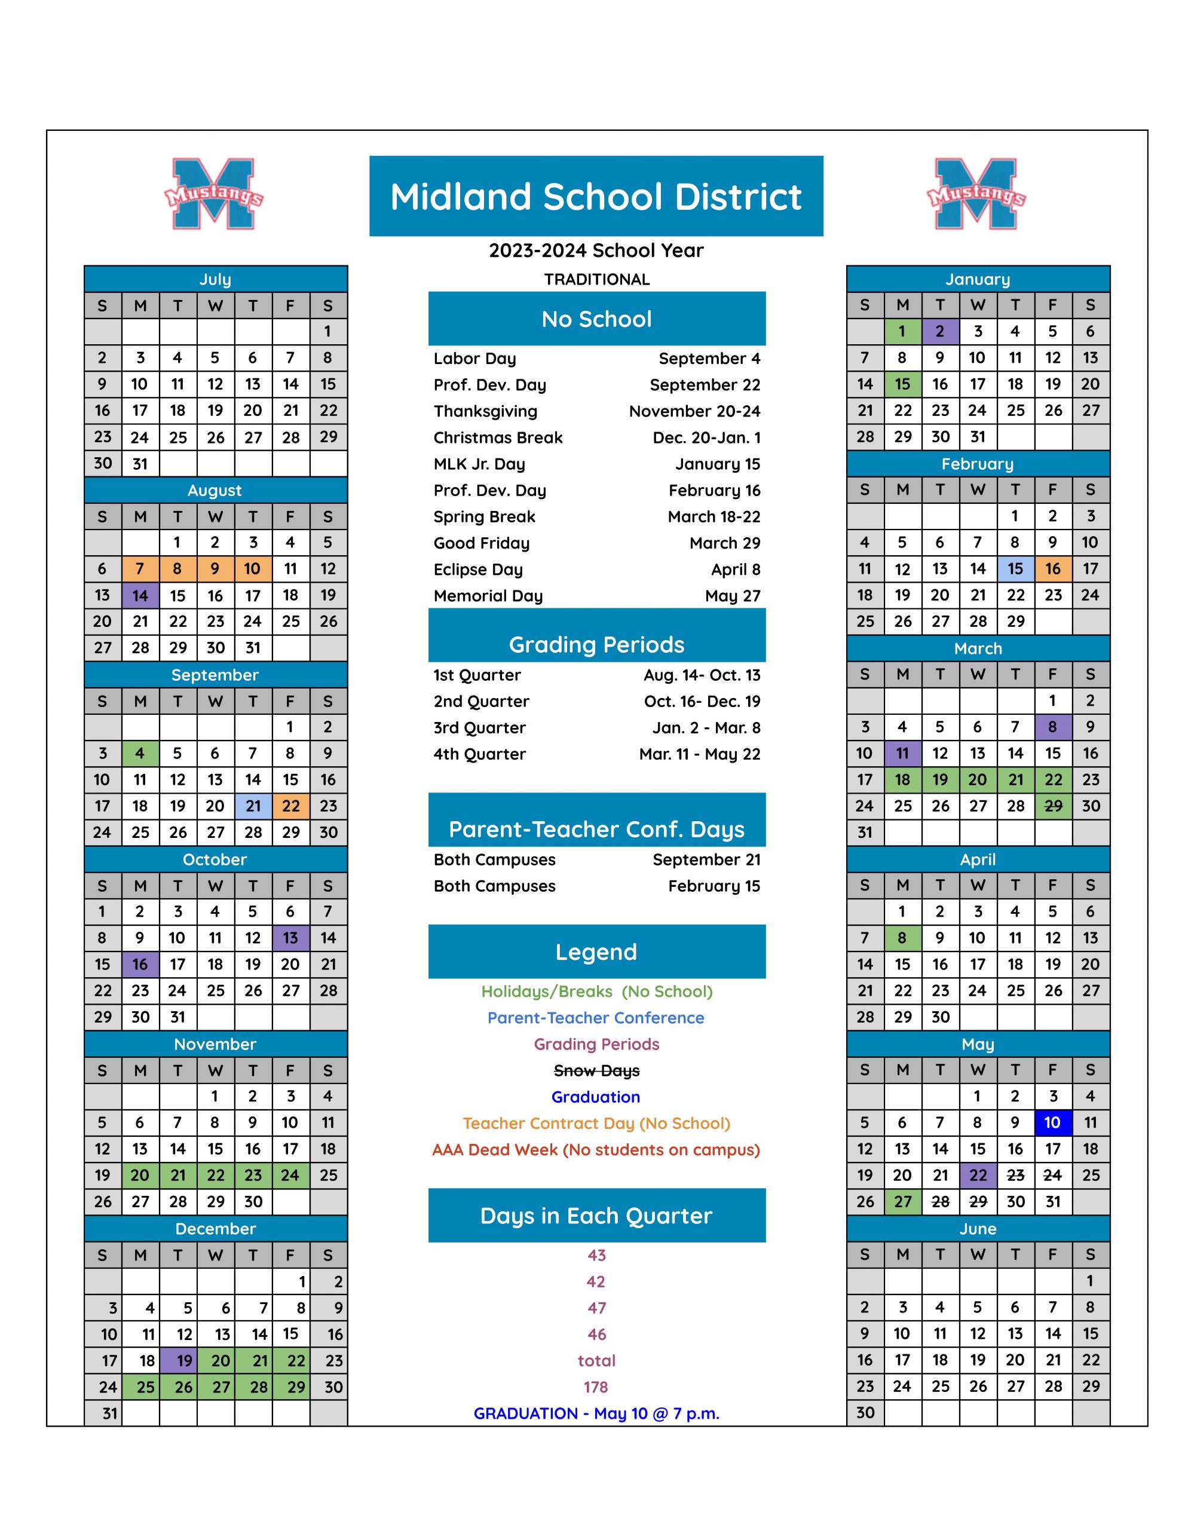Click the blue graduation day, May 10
[1052, 1123]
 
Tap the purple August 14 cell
[140, 595]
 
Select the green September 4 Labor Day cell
[140, 754]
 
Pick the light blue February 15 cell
[1015, 569]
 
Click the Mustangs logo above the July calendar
[214, 194]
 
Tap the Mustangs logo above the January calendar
[976, 194]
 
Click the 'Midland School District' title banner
[596, 196]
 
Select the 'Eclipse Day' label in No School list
[479, 570]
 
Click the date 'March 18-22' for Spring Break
[714, 517]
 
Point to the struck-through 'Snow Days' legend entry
[596, 1070]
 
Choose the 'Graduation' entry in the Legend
[596, 1097]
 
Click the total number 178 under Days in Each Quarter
[596, 1387]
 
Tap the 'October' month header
[215, 859]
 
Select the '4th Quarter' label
[479, 754]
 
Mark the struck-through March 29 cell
[1053, 806]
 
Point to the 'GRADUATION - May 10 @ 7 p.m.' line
[596, 1413]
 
